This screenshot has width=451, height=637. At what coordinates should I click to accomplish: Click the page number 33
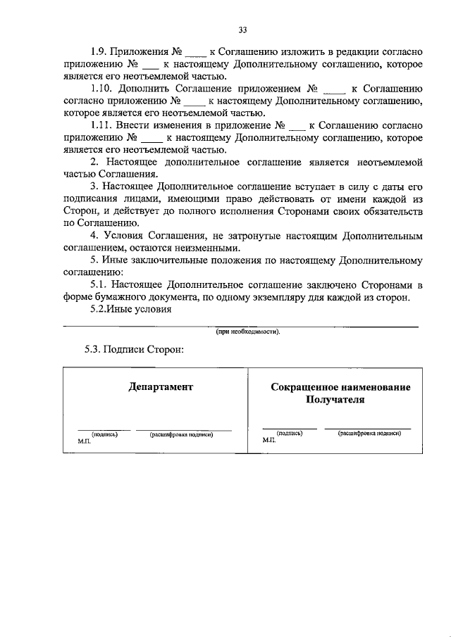coord(243,30)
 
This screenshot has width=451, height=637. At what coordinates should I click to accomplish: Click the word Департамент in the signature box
coord(161,386)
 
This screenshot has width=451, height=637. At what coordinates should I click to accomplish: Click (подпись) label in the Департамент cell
coord(104,434)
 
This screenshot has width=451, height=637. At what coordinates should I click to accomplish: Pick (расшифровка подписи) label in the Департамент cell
coord(182,434)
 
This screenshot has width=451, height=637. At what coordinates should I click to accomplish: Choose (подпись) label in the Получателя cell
coord(290,434)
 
